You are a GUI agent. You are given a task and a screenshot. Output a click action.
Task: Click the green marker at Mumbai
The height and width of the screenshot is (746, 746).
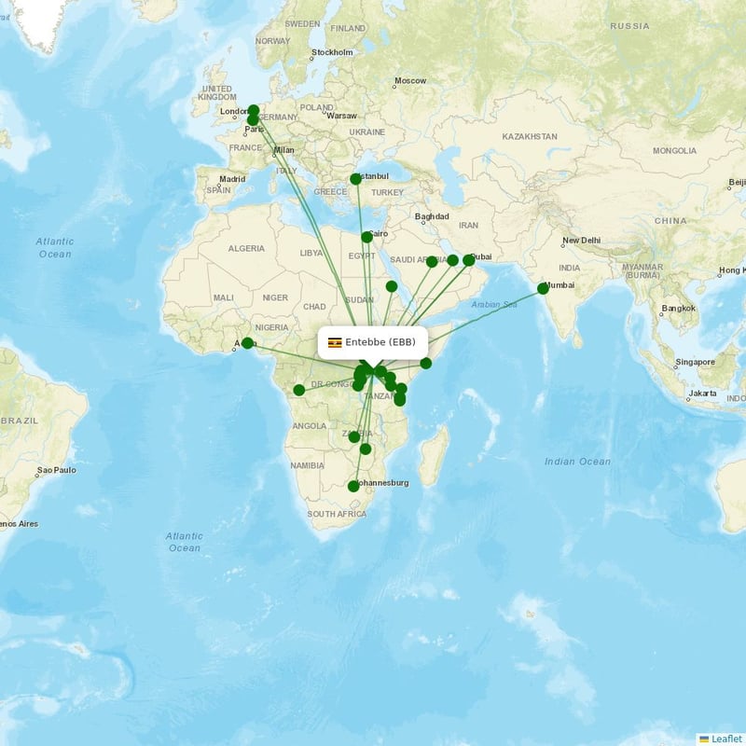[543, 289]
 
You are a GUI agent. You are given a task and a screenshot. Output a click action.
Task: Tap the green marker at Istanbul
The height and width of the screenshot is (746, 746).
[355, 179]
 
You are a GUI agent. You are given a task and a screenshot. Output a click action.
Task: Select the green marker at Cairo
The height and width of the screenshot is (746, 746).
[366, 237]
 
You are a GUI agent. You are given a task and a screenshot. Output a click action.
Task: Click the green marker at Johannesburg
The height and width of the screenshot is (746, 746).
[353, 486]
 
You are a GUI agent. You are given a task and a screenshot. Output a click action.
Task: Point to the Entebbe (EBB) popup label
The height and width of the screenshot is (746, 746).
[372, 342]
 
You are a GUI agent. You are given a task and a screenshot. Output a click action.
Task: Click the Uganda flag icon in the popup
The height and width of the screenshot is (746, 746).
[335, 342]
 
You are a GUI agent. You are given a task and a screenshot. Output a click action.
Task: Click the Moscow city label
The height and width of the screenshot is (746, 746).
[409, 81]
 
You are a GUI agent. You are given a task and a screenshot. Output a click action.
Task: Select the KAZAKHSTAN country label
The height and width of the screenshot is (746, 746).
[529, 136]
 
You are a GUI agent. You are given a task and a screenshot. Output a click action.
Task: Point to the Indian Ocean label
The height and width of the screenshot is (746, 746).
[578, 462]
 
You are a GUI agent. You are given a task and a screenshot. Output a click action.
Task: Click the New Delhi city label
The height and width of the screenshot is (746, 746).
[581, 241]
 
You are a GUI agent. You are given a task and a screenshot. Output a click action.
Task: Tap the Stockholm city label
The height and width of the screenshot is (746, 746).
[333, 53]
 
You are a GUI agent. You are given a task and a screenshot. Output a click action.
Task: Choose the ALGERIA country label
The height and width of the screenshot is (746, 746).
[246, 248]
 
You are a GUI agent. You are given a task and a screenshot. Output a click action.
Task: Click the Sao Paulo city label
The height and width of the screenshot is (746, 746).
[56, 470]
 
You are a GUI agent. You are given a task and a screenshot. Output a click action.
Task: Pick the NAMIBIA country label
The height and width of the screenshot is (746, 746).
[306, 464]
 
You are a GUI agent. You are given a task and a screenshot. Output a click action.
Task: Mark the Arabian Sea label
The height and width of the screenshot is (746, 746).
[493, 304]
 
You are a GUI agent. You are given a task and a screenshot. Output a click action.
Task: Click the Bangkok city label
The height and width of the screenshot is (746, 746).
[679, 308]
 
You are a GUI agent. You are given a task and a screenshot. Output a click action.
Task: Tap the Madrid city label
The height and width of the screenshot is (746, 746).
[232, 179]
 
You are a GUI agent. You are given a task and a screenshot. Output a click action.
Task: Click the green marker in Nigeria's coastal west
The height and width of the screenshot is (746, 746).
[247, 343]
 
